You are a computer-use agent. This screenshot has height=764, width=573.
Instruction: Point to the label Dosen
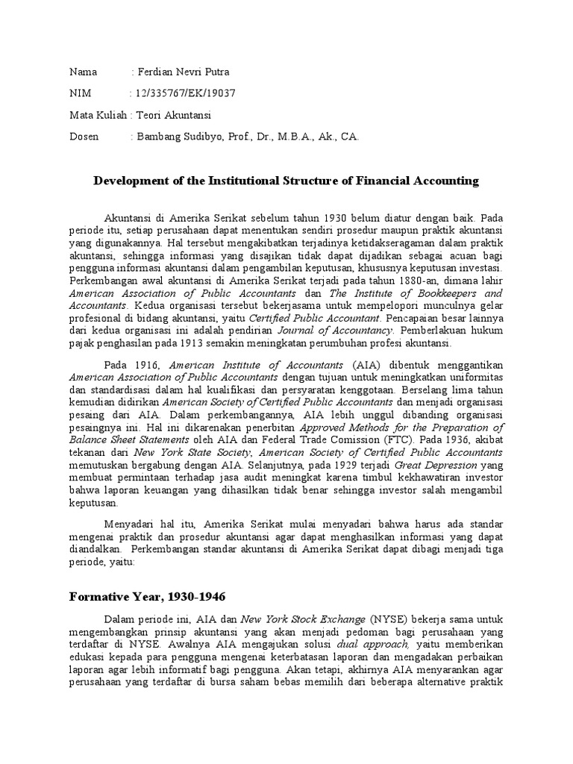pos(84,137)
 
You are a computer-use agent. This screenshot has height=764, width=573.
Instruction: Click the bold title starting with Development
pos(285,181)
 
